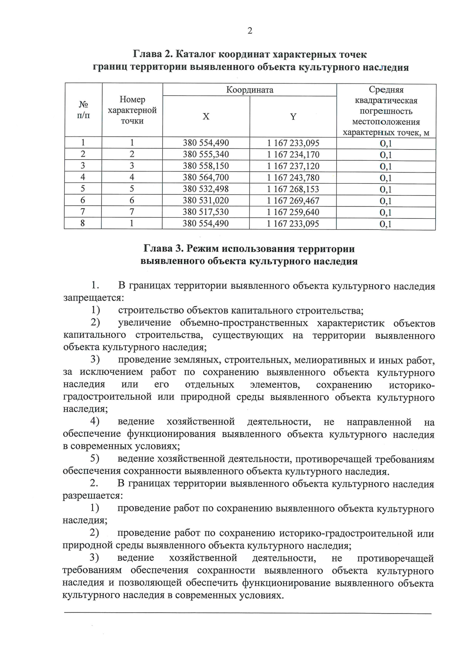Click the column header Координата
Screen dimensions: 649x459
[x=250, y=90]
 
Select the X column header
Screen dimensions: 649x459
[x=206, y=117]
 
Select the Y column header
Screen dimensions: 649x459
[x=293, y=117]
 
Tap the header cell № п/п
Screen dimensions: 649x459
[x=83, y=110]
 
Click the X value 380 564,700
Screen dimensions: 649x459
[x=206, y=177]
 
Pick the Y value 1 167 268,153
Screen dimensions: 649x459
[x=293, y=189]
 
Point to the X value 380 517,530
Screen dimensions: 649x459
[x=206, y=212]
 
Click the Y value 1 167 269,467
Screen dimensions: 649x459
[x=293, y=200]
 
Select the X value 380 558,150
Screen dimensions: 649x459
[x=206, y=166]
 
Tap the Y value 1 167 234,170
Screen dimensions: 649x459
[x=293, y=155]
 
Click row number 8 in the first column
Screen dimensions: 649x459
[x=83, y=223]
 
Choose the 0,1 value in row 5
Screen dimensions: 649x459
[x=386, y=189]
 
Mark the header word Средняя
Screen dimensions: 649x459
[x=386, y=90]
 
